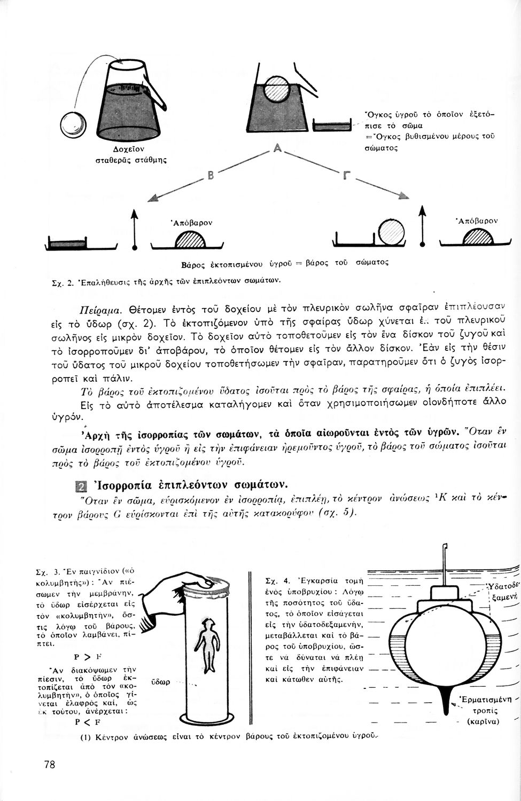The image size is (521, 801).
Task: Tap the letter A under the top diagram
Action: (277, 150)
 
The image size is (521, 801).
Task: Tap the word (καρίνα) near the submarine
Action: (483, 721)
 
